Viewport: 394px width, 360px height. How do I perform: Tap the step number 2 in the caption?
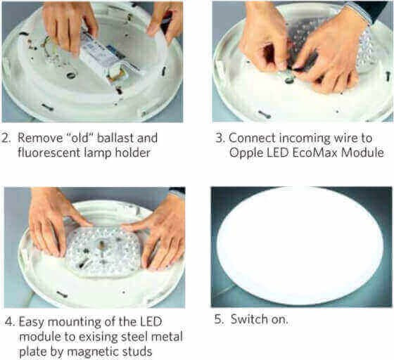(x=6, y=139)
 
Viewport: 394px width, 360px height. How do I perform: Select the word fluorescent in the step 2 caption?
(x=49, y=153)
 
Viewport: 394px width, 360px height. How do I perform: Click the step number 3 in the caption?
(x=220, y=139)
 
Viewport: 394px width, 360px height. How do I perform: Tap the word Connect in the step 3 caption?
(x=252, y=138)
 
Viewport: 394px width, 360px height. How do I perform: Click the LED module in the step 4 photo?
(x=103, y=253)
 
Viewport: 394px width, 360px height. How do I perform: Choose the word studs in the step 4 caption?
(x=135, y=352)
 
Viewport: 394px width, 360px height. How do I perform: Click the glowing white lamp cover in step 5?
(x=300, y=246)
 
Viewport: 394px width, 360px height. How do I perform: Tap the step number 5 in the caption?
(x=218, y=320)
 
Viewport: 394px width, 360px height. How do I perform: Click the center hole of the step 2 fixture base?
(x=71, y=75)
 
